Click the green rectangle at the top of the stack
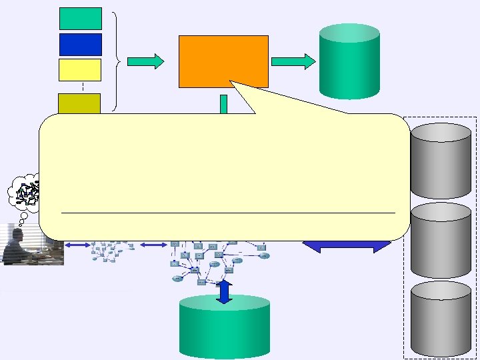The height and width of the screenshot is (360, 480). point(81,19)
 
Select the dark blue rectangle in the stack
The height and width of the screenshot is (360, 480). point(81,44)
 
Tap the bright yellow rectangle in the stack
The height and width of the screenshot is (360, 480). point(80,70)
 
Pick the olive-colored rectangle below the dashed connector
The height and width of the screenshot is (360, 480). point(79,104)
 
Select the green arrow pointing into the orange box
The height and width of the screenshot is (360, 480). point(145,61)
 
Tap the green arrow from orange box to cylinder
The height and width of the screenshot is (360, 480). point(293,62)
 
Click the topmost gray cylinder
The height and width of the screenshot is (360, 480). point(441,160)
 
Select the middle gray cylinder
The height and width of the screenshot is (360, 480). point(441,240)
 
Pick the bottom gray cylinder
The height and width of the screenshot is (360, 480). point(441,319)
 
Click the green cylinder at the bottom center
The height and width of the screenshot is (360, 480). point(225,327)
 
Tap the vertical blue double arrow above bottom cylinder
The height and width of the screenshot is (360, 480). point(225,292)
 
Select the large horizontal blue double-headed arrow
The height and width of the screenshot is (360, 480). point(347,245)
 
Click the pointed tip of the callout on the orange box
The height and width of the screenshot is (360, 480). point(233,83)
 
